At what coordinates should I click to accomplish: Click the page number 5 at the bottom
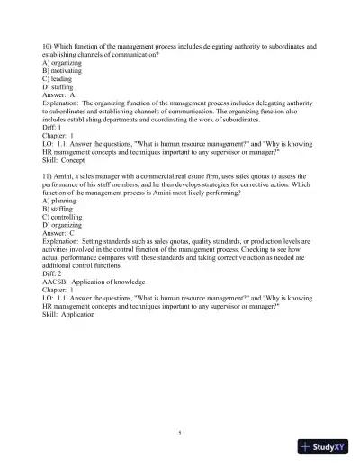point(180,433)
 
